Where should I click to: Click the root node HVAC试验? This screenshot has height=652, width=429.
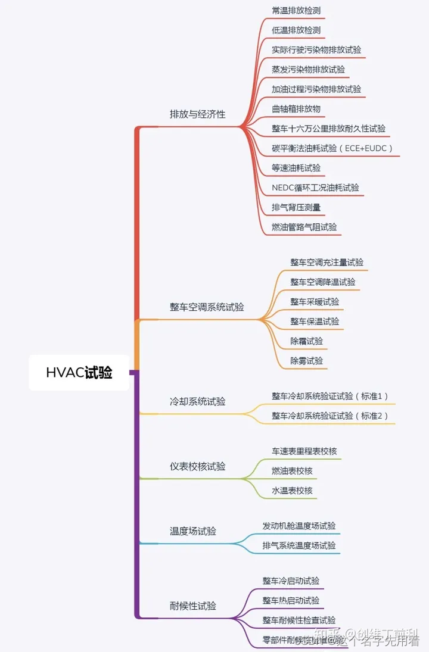pyautogui.click(x=79, y=373)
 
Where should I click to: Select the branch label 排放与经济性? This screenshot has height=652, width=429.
pyautogui.click(x=198, y=114)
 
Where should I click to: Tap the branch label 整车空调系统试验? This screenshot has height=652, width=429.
pyautogui.click(x=207, y=307)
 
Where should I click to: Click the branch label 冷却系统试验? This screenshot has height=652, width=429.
pyautogui.click(x=198, y=401)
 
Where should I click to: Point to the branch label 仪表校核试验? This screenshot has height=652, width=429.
pyautogui.click(x=198, y=466)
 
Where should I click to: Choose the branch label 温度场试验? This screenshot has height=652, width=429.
pyautogui.click(x=193, y=531)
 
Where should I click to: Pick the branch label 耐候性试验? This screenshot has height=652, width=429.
pyautogui.click(x=193, y=606)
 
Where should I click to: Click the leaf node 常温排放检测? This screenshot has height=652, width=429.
pyautogui.click(x=296, y=10)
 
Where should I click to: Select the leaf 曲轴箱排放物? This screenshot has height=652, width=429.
pyautogui.click(x=296, y=108)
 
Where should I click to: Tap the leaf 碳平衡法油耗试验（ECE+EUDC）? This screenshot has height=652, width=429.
pyautogui.click(x=332, y=148)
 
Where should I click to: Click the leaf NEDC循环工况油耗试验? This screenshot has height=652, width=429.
pyautogui.click(x=315, y=188)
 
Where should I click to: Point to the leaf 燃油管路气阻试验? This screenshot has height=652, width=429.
pyautogui.click(x=304, y=227)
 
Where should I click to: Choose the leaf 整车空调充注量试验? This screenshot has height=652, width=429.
pyautogui.click(x=327, y=262)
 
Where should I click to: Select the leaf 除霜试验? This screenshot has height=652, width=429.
pyautogui.click(x=307, y=341)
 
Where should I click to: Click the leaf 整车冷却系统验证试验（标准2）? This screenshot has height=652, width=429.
pyautogui.click(x=330, y=416)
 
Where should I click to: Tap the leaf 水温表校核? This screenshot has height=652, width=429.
pyautogui.click(x=292, y=491)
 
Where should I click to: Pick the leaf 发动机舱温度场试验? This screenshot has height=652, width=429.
pyautogui.click(x=299, y=526)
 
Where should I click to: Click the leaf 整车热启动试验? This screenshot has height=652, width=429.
pyautogui.click(x=291, y=600)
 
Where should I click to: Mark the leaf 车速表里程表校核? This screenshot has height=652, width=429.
pyautogui.click(x=304, y=451)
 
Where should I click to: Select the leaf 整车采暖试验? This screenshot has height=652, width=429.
pyautogui.click(x=315, y=302)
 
